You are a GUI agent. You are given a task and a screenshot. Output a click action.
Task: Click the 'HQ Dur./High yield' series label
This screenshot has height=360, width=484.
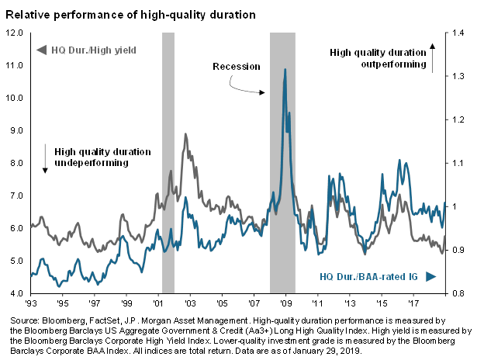94,50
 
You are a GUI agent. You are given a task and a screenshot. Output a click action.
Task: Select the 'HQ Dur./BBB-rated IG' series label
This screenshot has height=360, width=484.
369,276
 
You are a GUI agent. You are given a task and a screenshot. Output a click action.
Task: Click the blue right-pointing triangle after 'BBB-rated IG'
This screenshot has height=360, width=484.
430,276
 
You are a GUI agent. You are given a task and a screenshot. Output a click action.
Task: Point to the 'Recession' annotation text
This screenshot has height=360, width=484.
237,66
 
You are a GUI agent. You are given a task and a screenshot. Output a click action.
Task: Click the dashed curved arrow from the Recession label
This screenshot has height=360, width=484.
247,86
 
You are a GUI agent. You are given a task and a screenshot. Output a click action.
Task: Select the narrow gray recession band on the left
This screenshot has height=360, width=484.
168,163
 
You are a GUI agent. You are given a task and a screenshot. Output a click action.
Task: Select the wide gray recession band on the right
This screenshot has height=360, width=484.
282,163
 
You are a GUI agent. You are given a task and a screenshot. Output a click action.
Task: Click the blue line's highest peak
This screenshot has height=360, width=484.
285,70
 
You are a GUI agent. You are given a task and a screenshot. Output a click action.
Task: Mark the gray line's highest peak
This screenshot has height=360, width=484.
185,135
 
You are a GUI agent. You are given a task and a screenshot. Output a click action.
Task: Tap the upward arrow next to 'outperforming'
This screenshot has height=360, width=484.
433,58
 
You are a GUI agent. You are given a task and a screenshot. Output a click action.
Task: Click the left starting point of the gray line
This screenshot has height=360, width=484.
31,226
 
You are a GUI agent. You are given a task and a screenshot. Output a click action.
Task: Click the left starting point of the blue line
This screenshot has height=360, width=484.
31,275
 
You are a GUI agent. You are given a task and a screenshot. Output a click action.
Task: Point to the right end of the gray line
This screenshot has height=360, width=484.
444,250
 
